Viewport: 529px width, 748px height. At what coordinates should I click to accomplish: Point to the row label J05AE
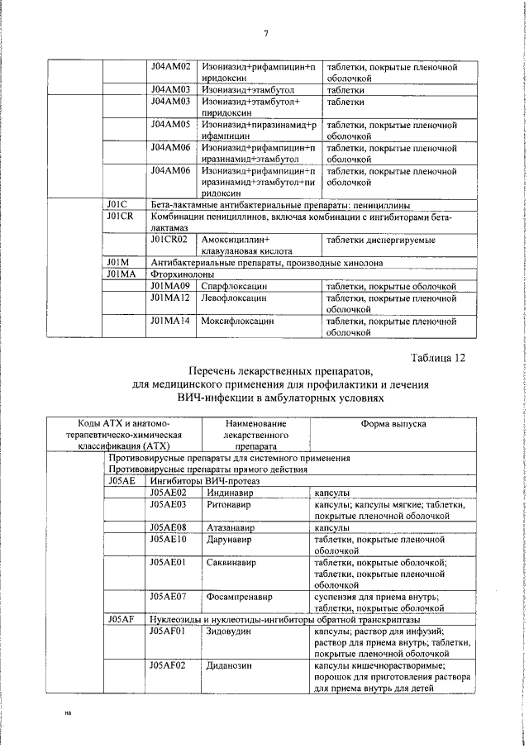pos(120,480)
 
